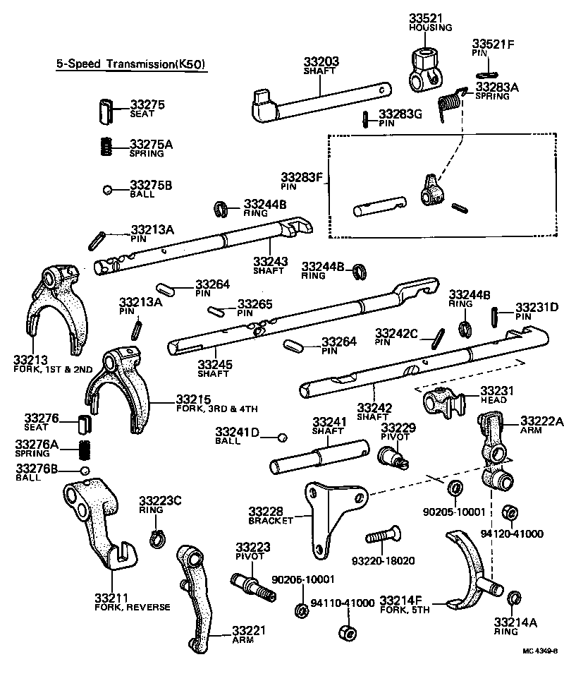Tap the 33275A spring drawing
click(106, 146)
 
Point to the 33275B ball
click(106, 189)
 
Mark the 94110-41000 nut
click(346, 632)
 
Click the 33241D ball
click(281, 438)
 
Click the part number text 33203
click(321, 62)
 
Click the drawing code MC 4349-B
click(539, 651)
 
